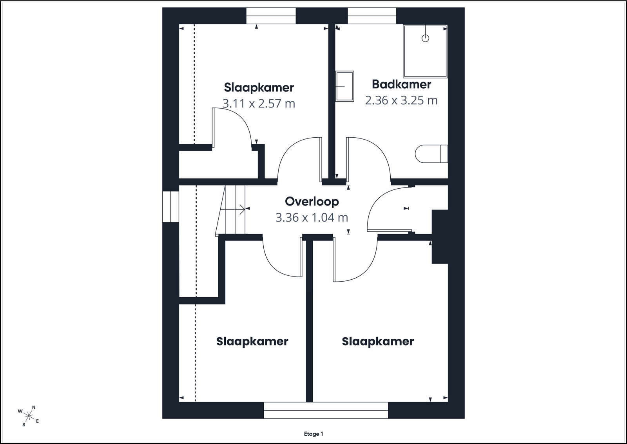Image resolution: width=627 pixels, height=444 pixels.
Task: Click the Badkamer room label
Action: (x=401, y=84)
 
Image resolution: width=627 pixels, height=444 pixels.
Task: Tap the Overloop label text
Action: (x=312, y=202)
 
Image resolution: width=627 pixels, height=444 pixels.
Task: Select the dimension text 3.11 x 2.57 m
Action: (x=259, y=104)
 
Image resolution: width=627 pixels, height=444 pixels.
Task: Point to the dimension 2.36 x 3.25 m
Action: (x=401, y=100)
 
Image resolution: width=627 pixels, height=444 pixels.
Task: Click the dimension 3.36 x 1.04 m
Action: (x=312, y=217)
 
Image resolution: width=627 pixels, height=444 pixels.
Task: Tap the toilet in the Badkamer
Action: (x=431, y=154)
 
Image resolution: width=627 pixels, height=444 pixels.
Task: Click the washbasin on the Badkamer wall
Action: (x=345, y=86)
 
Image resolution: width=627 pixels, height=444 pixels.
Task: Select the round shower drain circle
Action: (x=426, y=38)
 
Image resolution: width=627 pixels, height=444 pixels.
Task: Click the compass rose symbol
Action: (x=29, y=416)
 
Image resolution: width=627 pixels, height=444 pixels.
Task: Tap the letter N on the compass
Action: (x=34, y=407)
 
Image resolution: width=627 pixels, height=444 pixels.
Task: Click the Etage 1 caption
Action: (x=313, y=434)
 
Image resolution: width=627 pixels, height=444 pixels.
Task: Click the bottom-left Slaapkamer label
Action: (x=252, y=342)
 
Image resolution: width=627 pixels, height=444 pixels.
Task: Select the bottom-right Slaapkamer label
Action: (x=378, y=342)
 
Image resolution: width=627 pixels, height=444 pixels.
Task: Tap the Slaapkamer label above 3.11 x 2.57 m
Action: (x=259, y=88)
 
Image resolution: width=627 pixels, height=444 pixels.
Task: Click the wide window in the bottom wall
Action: (x=326, y=410)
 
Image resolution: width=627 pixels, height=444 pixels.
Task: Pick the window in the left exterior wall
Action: (x=171, y=207)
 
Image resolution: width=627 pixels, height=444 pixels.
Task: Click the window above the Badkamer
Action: (x=372, y=16)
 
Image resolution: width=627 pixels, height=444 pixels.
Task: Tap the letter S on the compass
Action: (x=24, y=425)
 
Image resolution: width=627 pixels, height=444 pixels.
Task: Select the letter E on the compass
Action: (x=38, y=421)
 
